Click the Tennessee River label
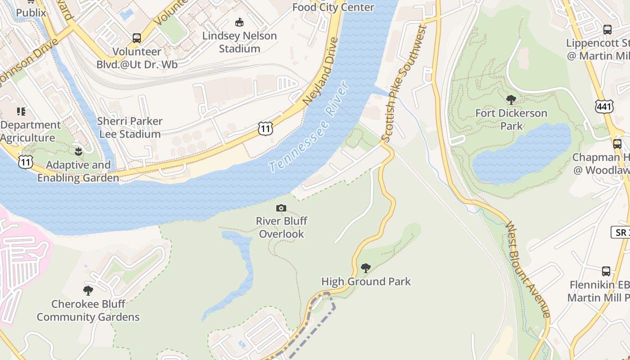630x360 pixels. (x=310, y=126)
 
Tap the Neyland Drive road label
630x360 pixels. (x=321, y=71)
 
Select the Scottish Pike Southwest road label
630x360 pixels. (x=404, y=84)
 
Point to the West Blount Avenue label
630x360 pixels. (x=527, y=269)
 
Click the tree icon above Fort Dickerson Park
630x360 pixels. (x=511, y=99)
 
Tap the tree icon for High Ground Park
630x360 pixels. (x=366, y=268)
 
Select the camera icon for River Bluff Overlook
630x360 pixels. (x=281, y=208)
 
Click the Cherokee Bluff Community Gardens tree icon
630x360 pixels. (x=88, y=290)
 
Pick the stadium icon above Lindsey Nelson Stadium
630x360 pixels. (x=239, y=22)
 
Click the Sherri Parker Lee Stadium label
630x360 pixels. (x=130, y=128)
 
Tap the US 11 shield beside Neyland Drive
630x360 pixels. (x=265, y=129)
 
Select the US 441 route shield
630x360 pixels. (x=603, y=106)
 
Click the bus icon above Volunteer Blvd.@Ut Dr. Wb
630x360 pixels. (x=137, y=38)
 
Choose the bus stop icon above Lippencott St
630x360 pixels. (x=607, y=30)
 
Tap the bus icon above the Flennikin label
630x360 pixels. (x=606, y=271)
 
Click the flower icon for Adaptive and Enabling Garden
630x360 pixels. (x=78, y=151)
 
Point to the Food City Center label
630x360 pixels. (x=333, y=7)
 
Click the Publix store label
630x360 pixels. (x=31, y=13)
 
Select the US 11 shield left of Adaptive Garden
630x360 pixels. (x=25, y=162)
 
